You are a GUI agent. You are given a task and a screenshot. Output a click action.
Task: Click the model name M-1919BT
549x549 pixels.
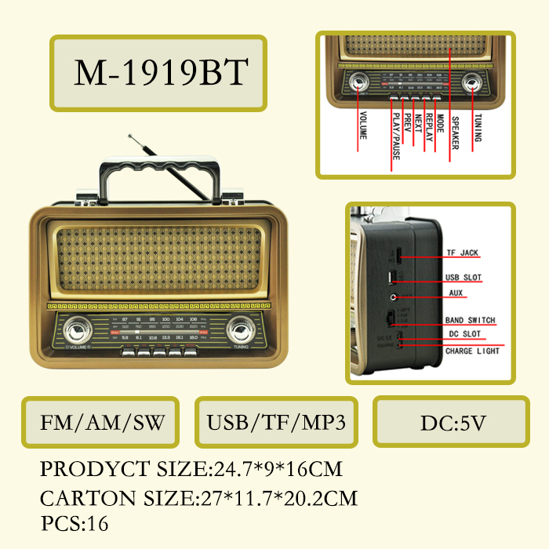[x=161, y=73]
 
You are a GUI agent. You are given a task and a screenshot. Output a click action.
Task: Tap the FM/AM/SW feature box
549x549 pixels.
[x=103, y=423]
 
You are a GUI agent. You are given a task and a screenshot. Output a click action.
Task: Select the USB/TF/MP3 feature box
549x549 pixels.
[x=276, y=423]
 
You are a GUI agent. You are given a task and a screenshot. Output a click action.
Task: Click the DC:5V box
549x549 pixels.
[x=453, y=423]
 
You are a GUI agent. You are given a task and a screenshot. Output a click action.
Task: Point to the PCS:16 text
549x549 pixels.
[x=75, y=523]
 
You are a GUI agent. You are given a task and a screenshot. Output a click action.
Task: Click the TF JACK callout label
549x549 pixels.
[x=462, y=253]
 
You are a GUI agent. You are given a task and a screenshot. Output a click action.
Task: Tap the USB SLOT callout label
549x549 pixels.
[x=464, y=278]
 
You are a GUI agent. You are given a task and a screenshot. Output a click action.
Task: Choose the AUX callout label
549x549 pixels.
[x=456, y=293]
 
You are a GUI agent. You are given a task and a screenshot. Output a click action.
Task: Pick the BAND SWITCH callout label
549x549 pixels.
[x=470, y=320]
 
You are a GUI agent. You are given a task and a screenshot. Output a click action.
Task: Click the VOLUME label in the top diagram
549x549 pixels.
[x=362, y=125]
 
